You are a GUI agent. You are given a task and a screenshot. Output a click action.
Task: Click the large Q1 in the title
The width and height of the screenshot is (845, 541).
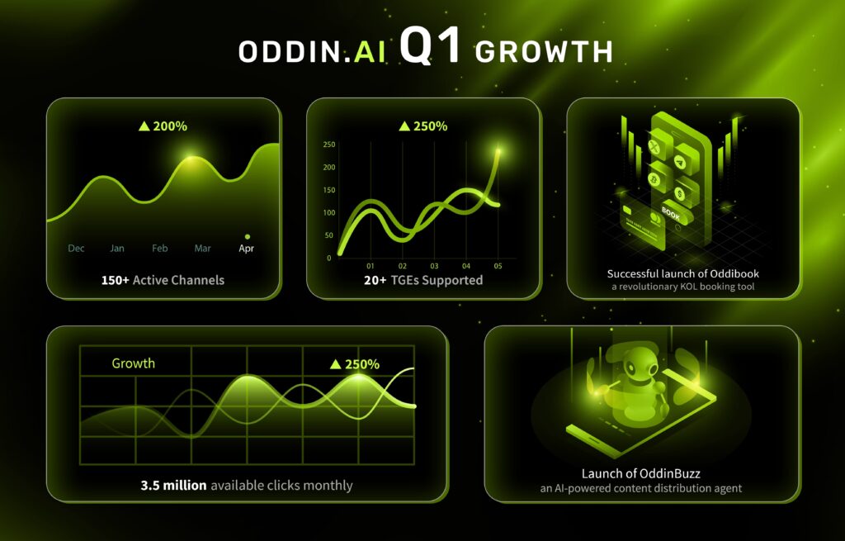[430, 46]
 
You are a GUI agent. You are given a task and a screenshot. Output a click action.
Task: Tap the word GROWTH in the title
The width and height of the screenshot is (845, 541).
[544, 52]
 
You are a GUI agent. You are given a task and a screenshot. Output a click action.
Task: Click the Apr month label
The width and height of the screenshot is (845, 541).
[246, 248]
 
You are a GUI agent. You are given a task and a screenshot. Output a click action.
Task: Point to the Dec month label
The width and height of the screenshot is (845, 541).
[76, 248]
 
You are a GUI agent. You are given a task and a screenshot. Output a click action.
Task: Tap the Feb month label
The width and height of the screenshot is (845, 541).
[159, 248]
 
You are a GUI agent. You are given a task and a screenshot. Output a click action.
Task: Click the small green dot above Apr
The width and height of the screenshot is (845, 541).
[248, 237]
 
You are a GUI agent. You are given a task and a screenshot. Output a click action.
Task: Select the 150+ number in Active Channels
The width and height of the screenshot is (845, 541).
[116, 280]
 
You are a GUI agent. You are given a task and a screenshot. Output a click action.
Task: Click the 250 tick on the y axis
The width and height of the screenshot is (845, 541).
[328, 145]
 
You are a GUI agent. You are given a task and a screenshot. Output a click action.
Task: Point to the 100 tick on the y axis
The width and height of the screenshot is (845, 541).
[328, 212]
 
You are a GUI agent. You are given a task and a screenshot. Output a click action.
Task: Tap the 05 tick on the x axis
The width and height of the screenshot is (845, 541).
[498, 266]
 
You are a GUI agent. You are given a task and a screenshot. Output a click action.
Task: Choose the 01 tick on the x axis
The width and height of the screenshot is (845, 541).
[371, 266]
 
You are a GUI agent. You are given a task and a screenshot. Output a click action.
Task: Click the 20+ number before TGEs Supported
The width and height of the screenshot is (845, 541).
[375, 280]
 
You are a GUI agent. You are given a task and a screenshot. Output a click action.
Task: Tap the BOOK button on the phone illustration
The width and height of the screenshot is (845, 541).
[671, 214]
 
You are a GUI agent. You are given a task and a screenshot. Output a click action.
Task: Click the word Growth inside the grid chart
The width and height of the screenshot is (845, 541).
[133, 363]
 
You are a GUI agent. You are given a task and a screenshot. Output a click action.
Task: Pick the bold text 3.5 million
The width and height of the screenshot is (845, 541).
[173, 486]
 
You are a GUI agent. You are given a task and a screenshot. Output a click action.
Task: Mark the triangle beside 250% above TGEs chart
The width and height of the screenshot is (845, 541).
[404, 126]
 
